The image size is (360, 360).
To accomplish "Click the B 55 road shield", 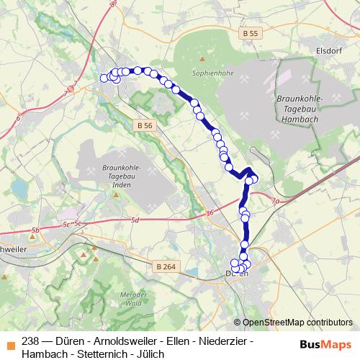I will click(x=250, y=34).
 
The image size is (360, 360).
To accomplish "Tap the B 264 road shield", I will click(x=165, y=267).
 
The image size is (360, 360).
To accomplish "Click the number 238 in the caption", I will click(x=31, y=341).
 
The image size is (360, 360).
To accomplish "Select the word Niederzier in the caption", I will click(x=220, y=341).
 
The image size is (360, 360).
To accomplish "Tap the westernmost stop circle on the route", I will click(x=104, y=78).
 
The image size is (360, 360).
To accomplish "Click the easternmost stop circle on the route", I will click(x=254, y=179).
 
